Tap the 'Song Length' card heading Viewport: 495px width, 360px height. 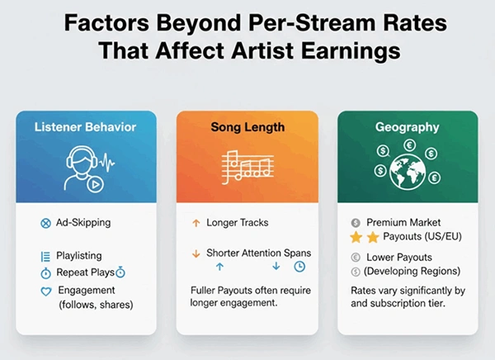point(248,128)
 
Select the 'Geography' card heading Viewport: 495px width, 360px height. point(408,128)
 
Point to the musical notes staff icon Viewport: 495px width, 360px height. point(247,167)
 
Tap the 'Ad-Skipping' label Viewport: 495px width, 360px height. point(84,223)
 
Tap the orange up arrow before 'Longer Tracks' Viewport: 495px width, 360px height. point(196,223)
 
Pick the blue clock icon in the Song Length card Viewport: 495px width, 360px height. point(299,267)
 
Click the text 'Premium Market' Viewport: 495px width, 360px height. point(403,222)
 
